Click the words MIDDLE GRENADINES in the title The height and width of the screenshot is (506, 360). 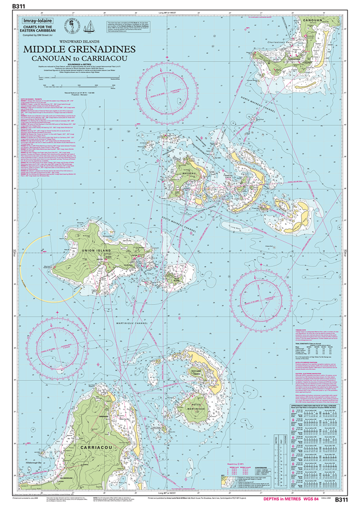pyautogui.click(x=79, y=50)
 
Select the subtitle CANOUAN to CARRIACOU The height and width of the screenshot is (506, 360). pyautogui.click(x=79, y=59)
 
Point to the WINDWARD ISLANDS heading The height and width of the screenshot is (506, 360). pyautogui.click(x=79, y=42)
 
